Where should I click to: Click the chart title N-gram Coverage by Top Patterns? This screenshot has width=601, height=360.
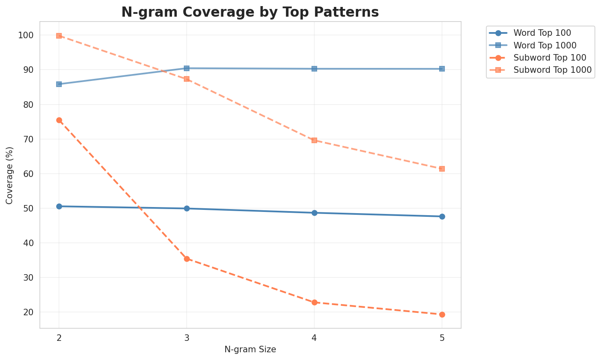[x=250, y=12]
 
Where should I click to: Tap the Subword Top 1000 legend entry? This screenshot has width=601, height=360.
[x=552, y=70]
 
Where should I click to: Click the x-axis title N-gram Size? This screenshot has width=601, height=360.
[x=250, y=349]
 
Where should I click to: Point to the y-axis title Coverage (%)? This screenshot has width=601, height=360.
[x=9, y=175]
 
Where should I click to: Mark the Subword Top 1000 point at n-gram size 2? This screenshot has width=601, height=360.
[x=59, y=36]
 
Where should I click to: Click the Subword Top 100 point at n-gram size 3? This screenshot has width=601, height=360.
[x=187, y=259]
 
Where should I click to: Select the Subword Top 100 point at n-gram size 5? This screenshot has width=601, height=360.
[x=442, y=314]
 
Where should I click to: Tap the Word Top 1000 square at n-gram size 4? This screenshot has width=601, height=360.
[x=314, y=69]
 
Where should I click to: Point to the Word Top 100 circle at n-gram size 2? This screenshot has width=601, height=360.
[x=59, y=206]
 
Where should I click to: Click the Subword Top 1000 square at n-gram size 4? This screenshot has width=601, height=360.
[x=314, y=140]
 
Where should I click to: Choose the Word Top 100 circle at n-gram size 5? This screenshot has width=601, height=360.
[x=442, y=216]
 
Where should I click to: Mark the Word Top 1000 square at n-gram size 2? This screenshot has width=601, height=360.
[x=59, y=84]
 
